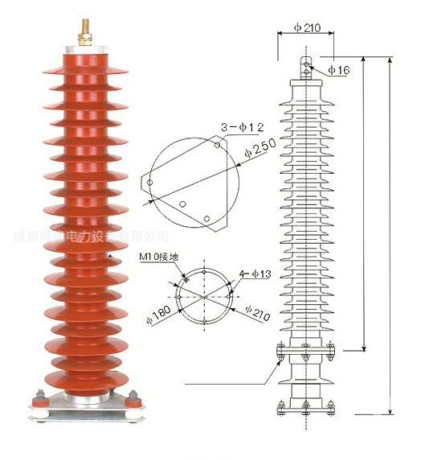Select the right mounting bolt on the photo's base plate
pos(133,397)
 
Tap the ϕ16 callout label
pos(339,71)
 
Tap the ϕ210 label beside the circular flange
pos(260,310)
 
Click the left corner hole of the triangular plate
pos(149,184)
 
